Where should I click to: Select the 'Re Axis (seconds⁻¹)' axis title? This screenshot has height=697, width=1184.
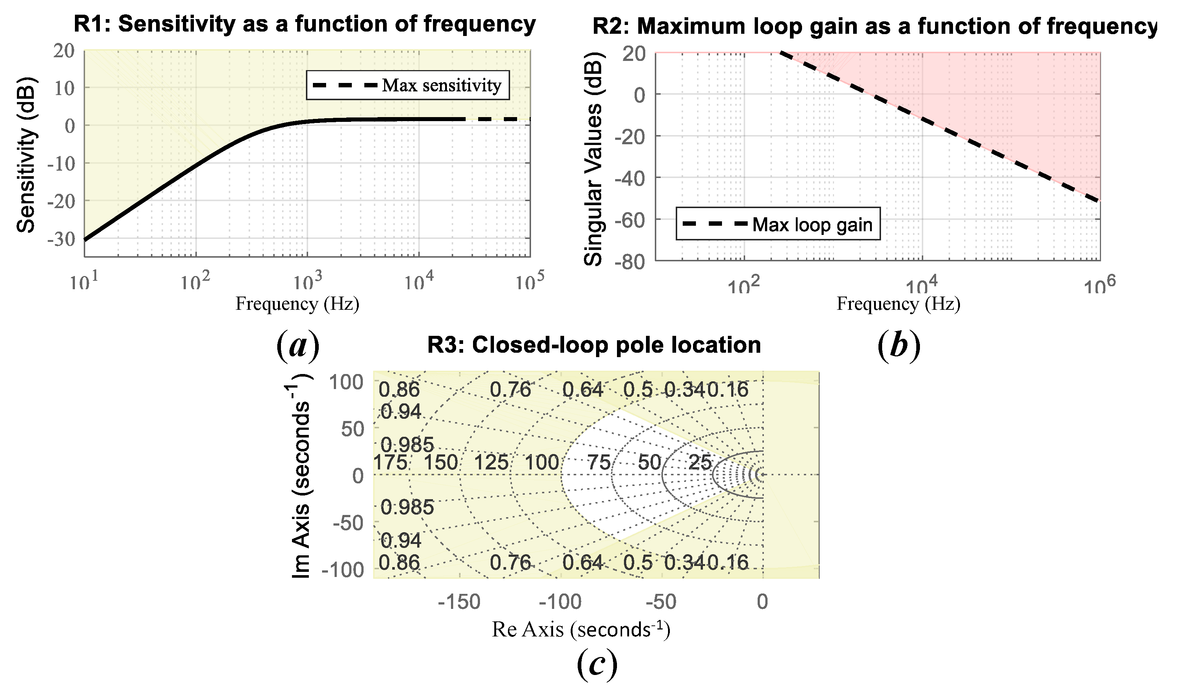coord(581,629)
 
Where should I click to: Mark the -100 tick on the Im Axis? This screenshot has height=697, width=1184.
coord(343,570)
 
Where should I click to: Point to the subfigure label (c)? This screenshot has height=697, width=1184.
coord(597,664)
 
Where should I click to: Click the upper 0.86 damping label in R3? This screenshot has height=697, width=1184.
coord(399,389)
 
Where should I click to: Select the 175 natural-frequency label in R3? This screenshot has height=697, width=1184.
coord(390,462)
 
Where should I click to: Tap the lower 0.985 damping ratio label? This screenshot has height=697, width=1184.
coord(407,507)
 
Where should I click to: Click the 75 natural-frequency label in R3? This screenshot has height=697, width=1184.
coord(599,462)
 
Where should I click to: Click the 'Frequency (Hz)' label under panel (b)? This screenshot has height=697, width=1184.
coord(898,304)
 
